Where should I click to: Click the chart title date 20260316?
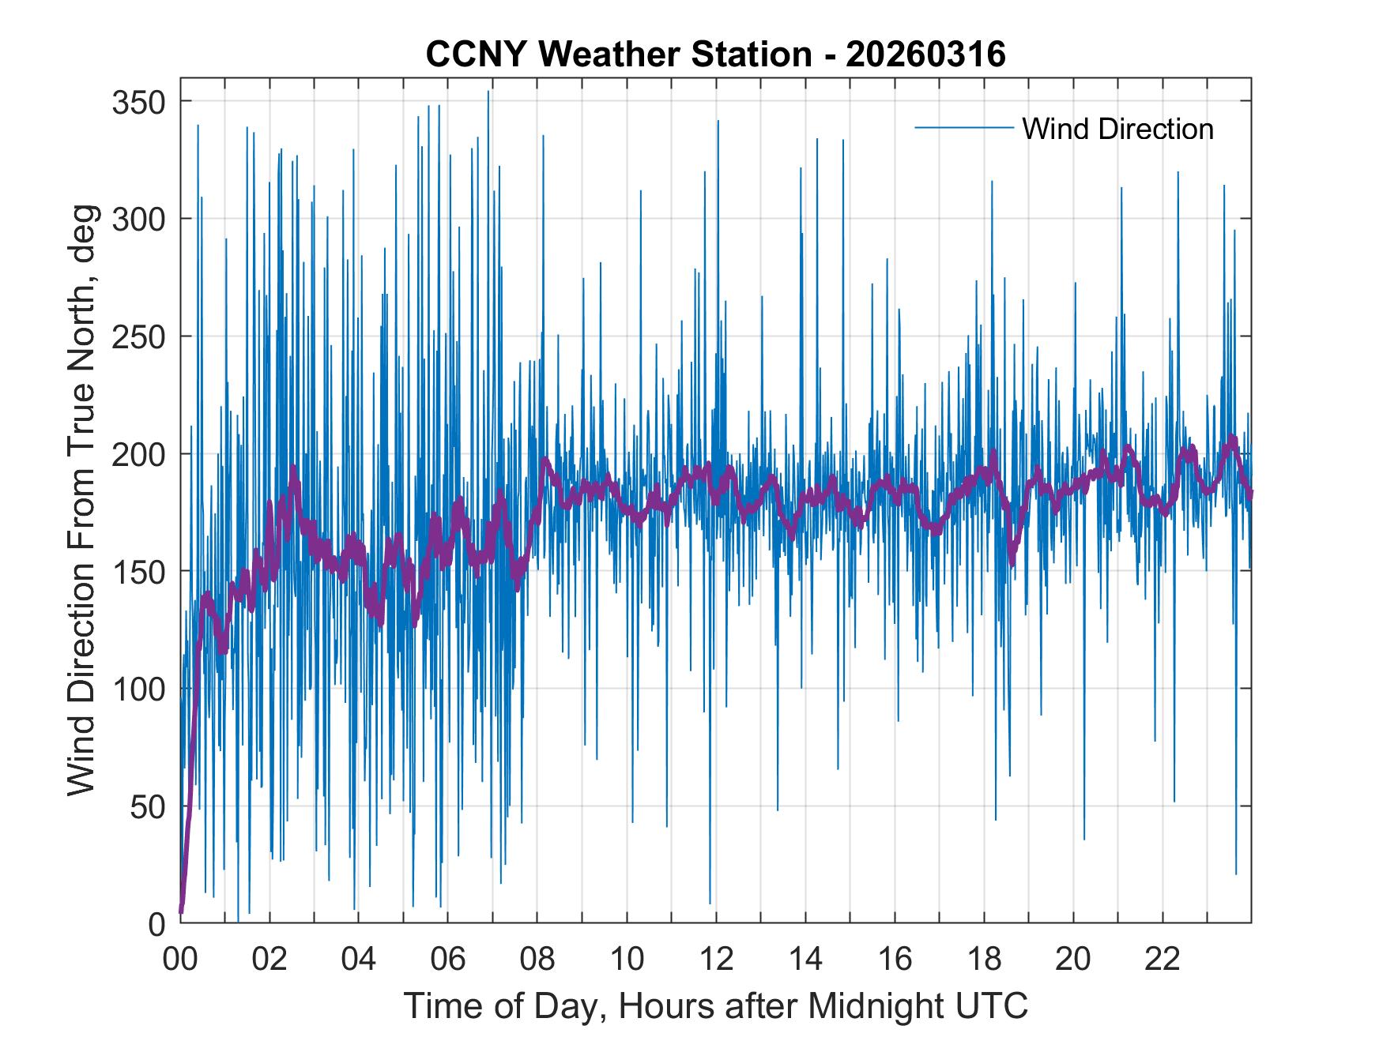pyautogui.click(x=925, y=54)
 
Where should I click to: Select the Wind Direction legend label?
pyautogui.click(x=1117, y=129)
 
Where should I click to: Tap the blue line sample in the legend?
pyautogui.click(x=963, y=128)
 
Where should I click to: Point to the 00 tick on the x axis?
pyautogui.click(x=181, y=960)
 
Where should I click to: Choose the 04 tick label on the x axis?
pyautogui.click(x=359, y=960)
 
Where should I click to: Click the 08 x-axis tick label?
pyautogui.click(x=537, y=960)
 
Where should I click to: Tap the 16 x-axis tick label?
pyautogui.click(x=895, y=960)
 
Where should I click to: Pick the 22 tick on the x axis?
pyautogui.click(x=1163, y=960)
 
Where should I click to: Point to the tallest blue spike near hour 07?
pyautogui.click(x=488, y=93)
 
